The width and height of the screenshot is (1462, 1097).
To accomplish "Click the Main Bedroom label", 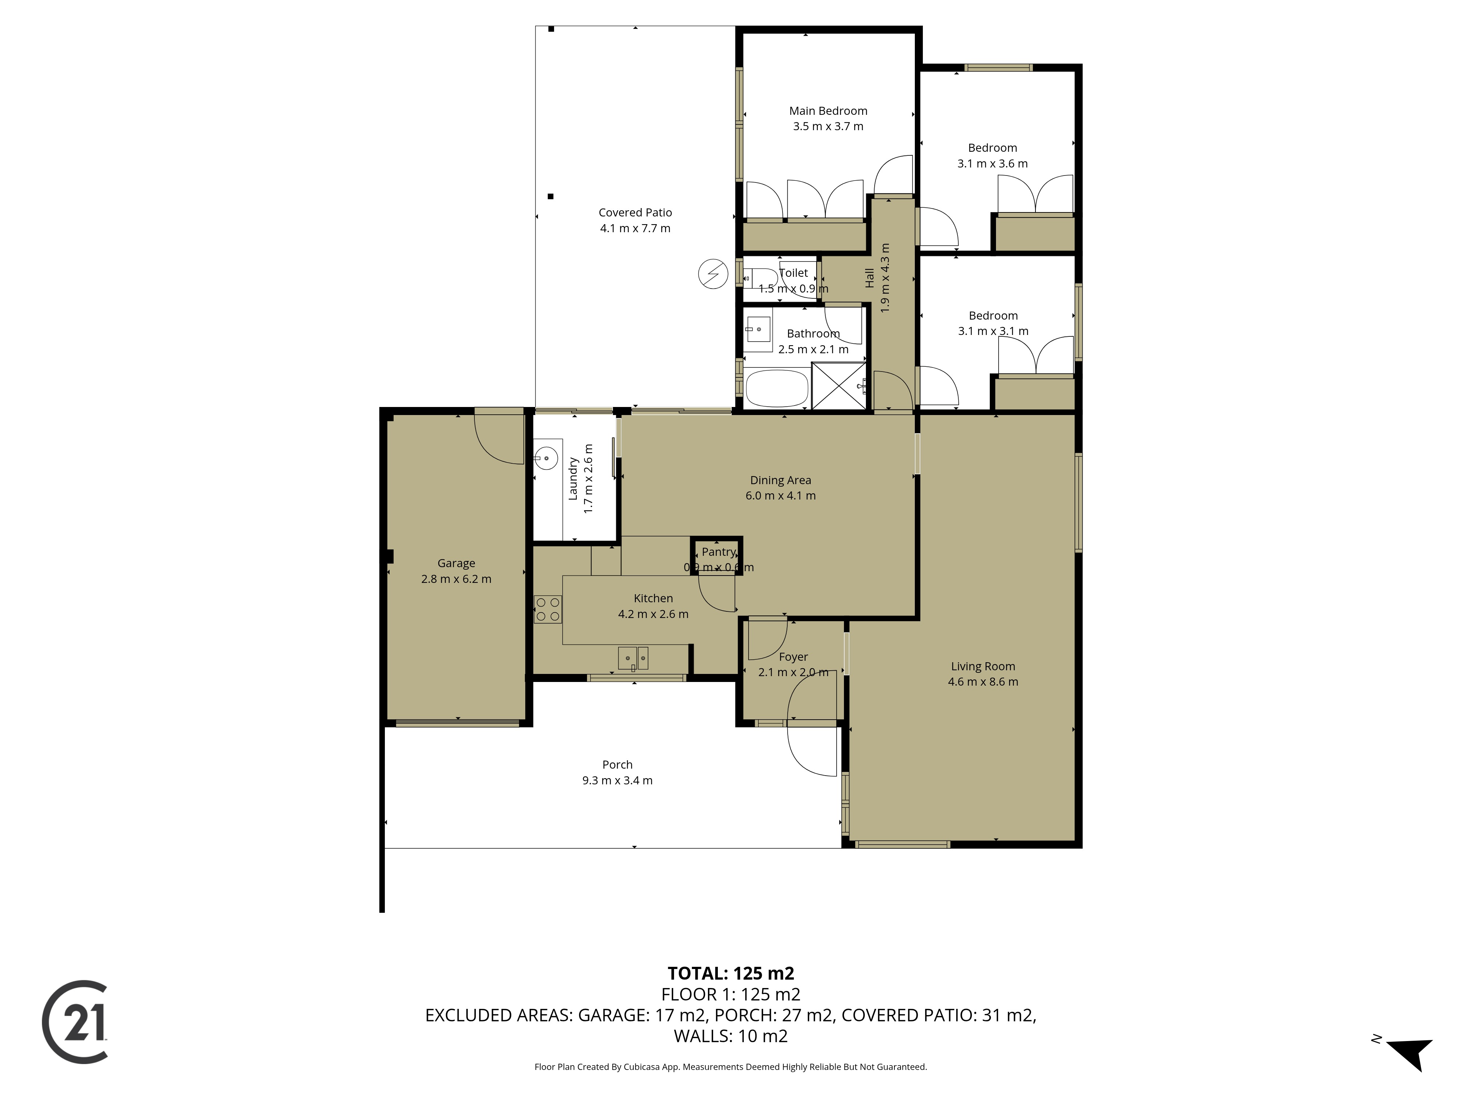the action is point(828,111).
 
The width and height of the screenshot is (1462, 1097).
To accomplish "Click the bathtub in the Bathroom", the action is point(777,388).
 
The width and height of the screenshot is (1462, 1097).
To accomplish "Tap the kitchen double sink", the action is point(633,659).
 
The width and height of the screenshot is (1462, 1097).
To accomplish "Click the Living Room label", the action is point(983,667).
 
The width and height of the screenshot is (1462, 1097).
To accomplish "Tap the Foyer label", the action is point(793,657).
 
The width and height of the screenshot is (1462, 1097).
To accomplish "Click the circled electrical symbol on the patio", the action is point(713,274).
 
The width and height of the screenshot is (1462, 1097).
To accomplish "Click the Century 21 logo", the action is point(75,1022).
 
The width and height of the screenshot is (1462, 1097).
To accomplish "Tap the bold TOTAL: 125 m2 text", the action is point(731,973).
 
